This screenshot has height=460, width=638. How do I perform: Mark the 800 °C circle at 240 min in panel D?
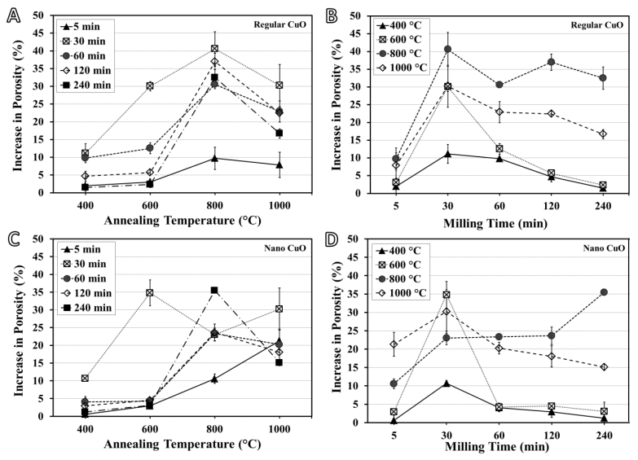click(x=603, y=291)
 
